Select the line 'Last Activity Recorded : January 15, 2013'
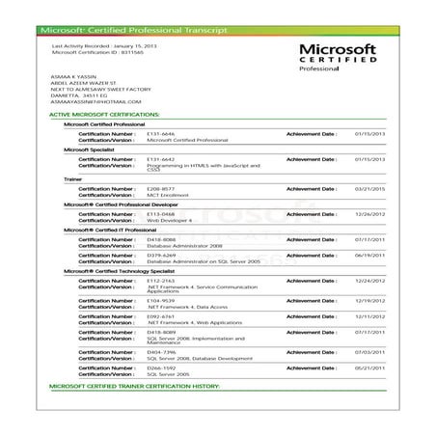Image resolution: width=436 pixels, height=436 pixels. (105, 45)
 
